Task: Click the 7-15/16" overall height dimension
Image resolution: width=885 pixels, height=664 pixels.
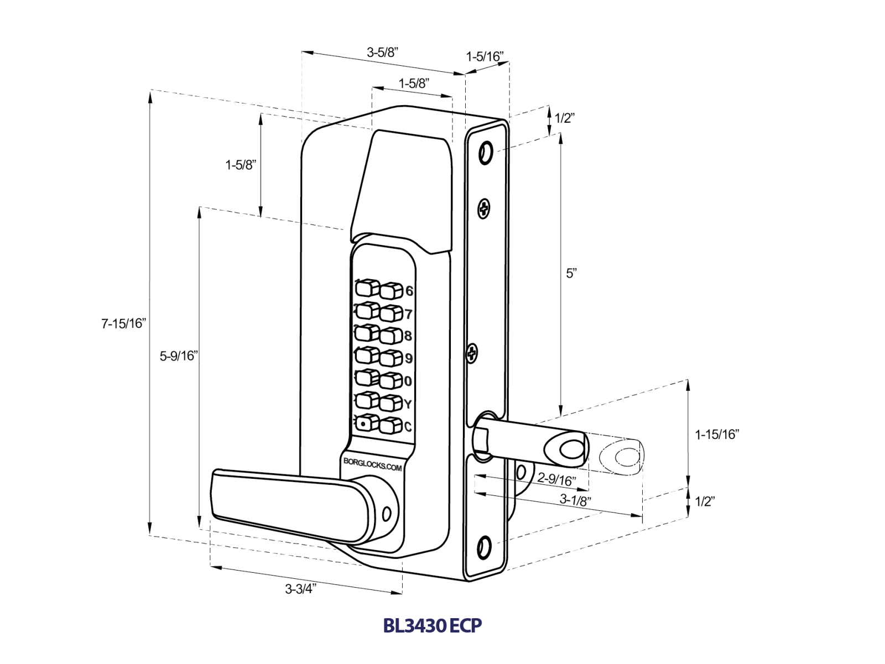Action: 123,323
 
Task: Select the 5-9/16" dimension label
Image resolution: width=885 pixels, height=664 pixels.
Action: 178,355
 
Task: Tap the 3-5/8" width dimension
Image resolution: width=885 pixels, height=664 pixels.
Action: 382,53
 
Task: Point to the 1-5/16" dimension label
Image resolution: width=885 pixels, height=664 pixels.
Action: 485,56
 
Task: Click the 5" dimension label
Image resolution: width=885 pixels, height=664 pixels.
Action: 571,273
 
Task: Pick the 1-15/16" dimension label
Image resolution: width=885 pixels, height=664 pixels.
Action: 717,435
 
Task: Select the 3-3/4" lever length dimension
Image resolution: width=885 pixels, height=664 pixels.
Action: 300,589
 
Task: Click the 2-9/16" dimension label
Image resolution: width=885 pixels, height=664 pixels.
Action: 556,479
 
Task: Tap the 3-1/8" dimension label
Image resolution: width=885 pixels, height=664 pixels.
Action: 575,500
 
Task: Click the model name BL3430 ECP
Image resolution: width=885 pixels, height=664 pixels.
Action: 433,625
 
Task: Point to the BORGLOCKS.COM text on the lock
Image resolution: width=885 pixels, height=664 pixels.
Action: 372,464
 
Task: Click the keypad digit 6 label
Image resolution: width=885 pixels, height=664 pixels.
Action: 409,291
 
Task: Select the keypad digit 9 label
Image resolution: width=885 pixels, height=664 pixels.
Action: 409,358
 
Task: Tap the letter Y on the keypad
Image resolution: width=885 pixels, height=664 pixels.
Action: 408,404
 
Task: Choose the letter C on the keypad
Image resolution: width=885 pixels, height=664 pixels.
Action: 408,427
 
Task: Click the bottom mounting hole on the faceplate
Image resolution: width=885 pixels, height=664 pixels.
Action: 484,548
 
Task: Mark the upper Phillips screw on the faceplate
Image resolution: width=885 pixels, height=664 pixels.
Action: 484,208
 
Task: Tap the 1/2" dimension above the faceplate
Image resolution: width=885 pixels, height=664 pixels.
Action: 564,118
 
